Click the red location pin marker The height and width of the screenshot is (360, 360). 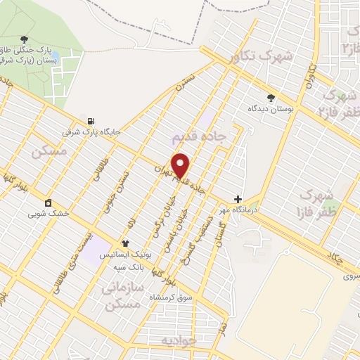(x=181, y=165)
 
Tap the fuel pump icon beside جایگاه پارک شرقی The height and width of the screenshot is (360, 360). (x=91, y=120)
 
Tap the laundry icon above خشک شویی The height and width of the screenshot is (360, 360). (x=47, y=203)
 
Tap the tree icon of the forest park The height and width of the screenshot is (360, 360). (x=25, y=40)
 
